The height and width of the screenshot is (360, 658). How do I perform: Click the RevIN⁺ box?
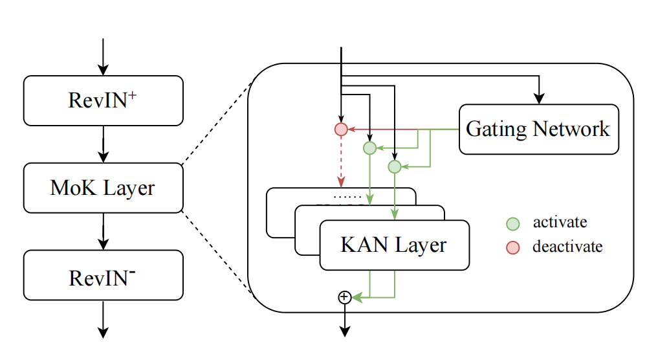pyautogui.click(x=103, y=100)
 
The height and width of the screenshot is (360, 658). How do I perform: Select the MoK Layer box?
pyautogui.click(x=103, y=188)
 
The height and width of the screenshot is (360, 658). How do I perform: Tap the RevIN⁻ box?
pyautogui.click(x=103, y=276)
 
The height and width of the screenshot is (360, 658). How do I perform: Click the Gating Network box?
pyautogui.click(x=538, y=129)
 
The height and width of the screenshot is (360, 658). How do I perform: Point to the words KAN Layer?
pyautogui.click(x=393, y=245)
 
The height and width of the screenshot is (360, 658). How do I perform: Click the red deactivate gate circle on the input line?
pyautogui.click(x=341, y=129)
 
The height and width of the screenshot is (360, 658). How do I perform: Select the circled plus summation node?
pyautogui.click(x=344, y=297)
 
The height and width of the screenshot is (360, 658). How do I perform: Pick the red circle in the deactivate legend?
pyautogui.click(x=512, y=247)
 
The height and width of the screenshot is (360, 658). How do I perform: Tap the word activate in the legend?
pyautogui.click(x=560, y=223)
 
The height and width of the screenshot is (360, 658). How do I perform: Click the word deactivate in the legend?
pyautogui.click(x=567, y=247)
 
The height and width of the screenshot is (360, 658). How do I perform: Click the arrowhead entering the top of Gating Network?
pyautogui.click(x=538, y=98)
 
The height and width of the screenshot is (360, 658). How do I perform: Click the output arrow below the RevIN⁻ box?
pyautogui.click(x=103, y=320)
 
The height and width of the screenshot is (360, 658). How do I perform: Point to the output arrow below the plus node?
pyautogui.click(x=344, y=321)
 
